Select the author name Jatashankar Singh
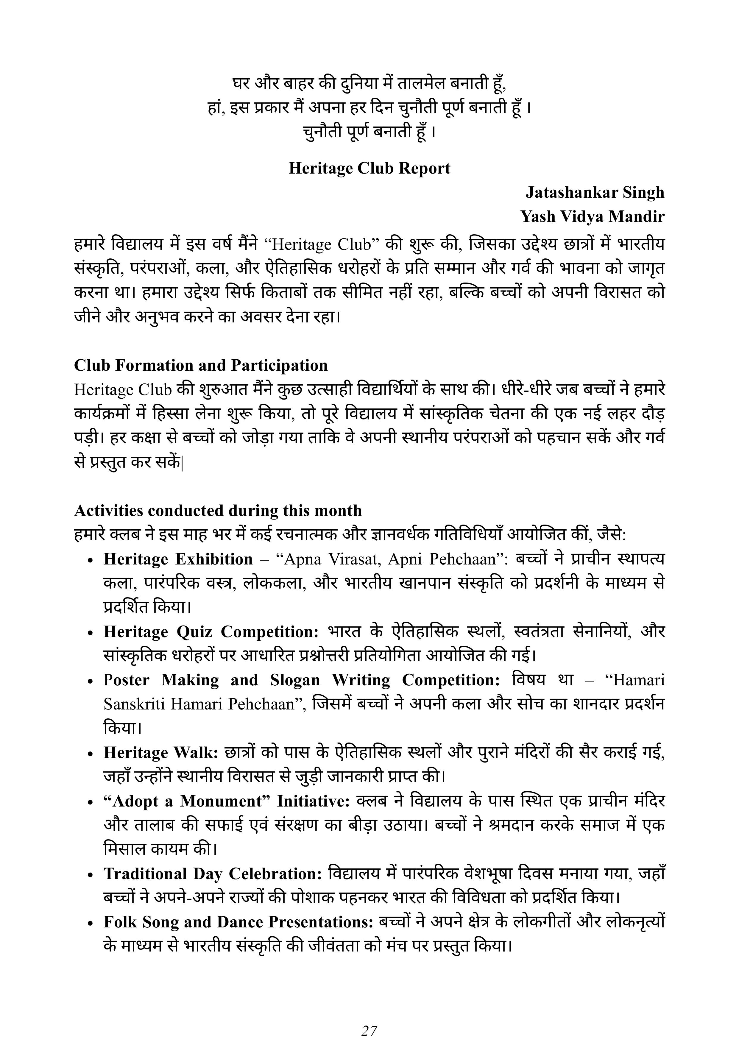595,193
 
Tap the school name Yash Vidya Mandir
593,217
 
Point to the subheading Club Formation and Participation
201,366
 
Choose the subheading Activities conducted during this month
218,511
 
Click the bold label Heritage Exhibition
178,559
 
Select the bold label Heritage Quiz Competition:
211,632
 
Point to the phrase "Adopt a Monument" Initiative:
227,801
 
